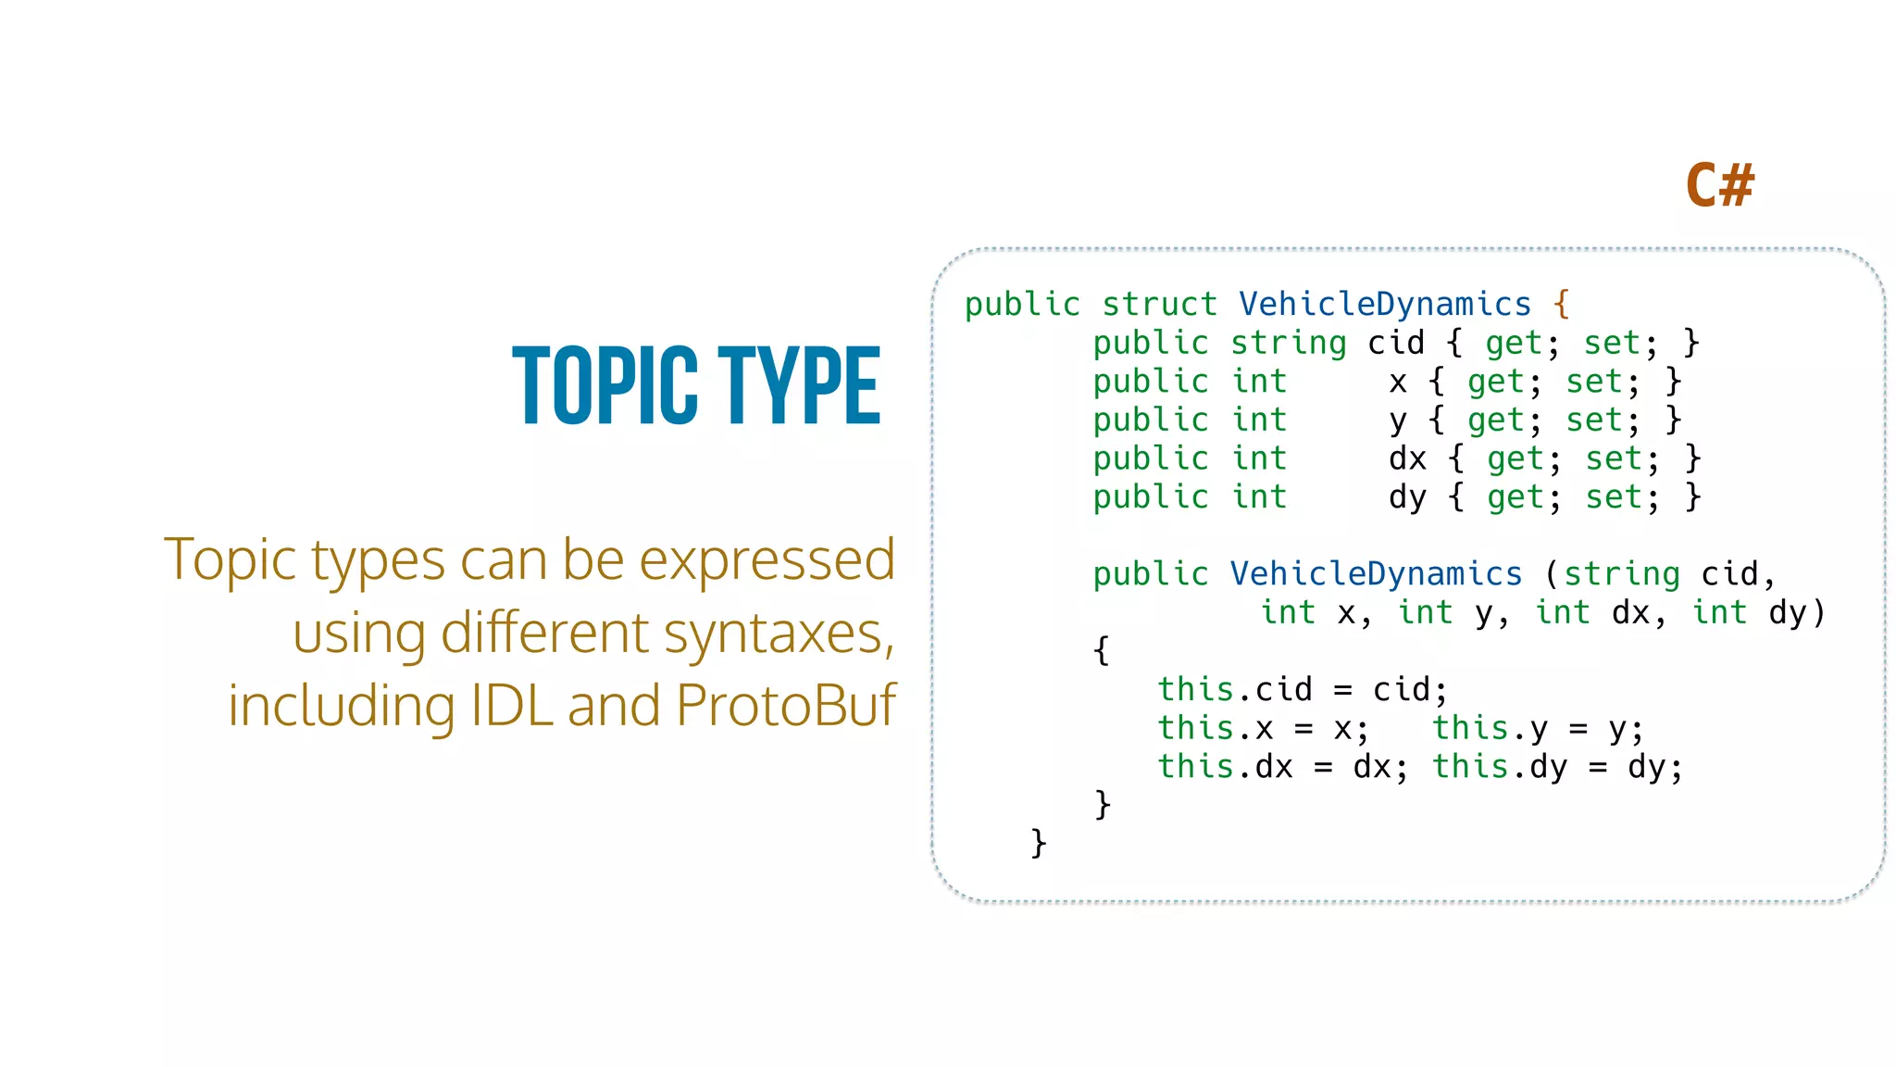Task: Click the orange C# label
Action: pyautogui.click(x=1719, y=184)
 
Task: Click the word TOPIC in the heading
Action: pyautogui.click(x=605, y=385)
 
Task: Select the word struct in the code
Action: pyautogui.click(x=1159, y=305)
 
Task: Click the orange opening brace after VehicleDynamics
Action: pyautogui.click(x=1562, y=304)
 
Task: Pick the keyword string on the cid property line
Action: pyautogui.click(x=1288, y=344)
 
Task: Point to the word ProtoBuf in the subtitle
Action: pyautogui.click(x=785, y=706)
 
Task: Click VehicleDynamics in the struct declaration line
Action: pyautogui.click(x=1385, y=305)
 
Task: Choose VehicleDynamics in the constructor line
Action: pyautogui.click(x=1376, y=574)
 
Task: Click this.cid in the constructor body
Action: pyautogui.click(x=1235, y=690)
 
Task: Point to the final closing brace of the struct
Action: pyautogui.click(x=1039, y=843)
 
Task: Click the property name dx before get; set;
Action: pyautogui.click(x=1407, y=458)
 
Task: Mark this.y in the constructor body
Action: pyautogui.click(x=1490, y=729)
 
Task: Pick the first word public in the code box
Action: pyautogui.click(x=1022, y=305)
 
